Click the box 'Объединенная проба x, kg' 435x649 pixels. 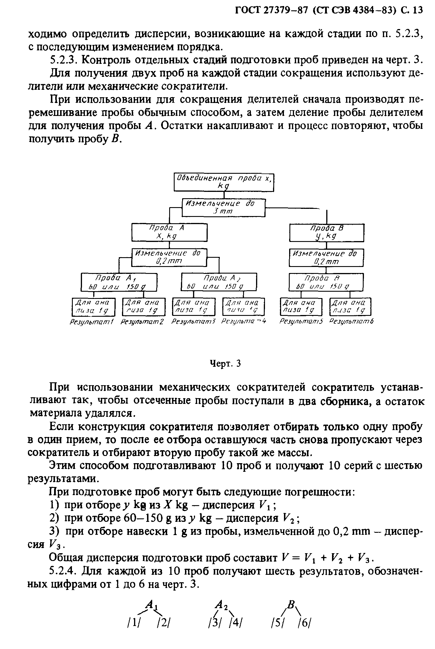224,182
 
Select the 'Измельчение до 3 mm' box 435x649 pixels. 224,207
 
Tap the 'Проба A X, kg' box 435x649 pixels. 169,232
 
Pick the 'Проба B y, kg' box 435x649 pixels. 327,233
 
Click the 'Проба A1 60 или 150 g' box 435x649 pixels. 119,282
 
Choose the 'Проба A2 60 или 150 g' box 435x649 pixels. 219,282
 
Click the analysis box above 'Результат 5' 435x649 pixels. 301,307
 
